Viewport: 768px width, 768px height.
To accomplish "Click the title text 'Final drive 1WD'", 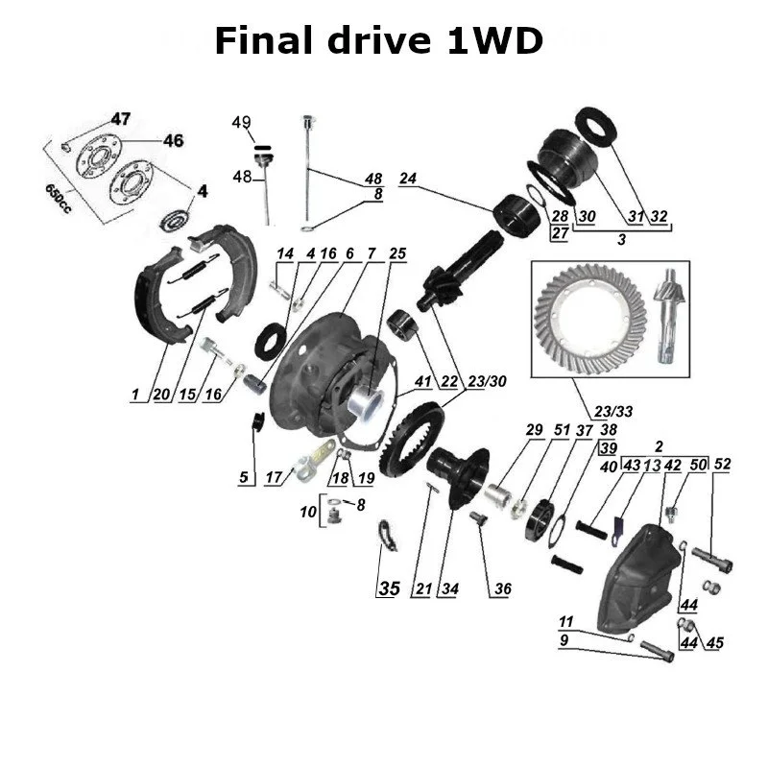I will [378, 42].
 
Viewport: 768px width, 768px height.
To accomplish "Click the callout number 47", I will [120, 119].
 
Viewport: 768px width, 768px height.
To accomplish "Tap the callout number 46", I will [172, 141].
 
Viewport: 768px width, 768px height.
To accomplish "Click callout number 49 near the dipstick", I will [241, 122].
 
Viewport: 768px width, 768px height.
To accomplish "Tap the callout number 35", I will [388, 588].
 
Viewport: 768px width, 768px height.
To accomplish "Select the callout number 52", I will [722, 465].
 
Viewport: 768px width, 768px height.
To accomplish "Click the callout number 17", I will [274, 476].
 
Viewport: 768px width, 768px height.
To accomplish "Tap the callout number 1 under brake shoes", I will [136, 395].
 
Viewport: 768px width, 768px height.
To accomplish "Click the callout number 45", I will [713, 643].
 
